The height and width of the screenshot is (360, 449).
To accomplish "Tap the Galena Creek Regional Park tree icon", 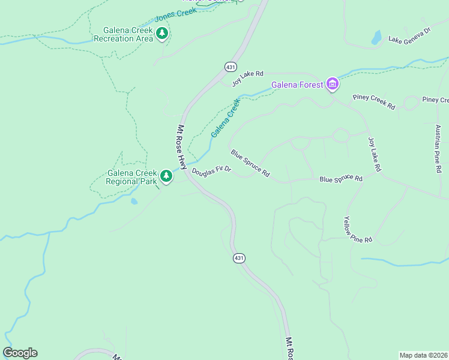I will coord(166,176).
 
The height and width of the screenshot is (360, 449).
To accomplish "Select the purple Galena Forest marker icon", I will coord(333,85).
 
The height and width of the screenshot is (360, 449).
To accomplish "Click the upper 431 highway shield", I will coord(231,66).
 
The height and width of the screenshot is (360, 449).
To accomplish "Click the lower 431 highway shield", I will coord(239,258).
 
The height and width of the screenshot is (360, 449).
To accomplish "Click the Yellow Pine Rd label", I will coord(358,230).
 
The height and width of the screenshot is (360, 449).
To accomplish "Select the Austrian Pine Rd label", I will coord(438,149).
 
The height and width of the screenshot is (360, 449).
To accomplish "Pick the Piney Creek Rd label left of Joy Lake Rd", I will coord(374,101).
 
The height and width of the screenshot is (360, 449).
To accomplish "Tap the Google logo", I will coord(20,353).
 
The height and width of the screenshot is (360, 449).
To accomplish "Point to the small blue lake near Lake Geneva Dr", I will coord(376,38).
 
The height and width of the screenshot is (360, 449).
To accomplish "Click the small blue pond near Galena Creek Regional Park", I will coord(133,201).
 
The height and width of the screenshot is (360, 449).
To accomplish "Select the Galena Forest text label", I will coord(297,85).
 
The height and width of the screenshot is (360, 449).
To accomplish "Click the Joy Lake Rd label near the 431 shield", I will coord(248,78).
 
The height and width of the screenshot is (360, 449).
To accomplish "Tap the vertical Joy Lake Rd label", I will coord(374,155).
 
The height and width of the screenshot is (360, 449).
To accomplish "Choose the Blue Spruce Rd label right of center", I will coord(341,179).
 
